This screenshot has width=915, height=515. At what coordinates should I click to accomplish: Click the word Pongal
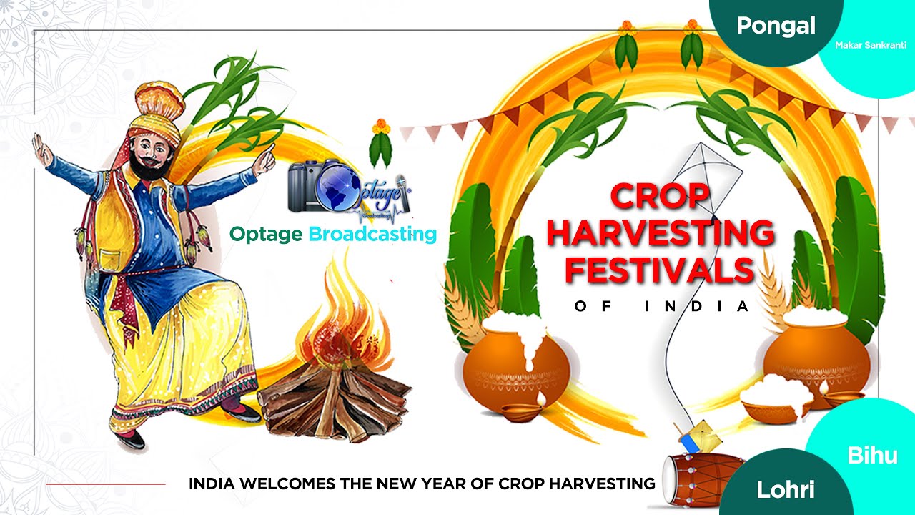(x=776, y=26)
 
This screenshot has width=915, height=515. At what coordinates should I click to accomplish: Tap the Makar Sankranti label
(x=870, y=45)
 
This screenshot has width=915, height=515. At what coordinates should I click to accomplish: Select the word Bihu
(x=872, y=456)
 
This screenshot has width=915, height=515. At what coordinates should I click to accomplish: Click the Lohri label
(x=786, y=489)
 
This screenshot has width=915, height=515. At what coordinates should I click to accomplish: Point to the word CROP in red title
(x=659, y=197)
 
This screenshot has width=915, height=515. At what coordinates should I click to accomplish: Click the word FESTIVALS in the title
(x=659, y=270)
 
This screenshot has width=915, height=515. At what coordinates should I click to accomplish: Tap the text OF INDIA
(x=661, y=307)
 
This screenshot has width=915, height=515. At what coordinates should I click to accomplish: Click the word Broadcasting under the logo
(x=372, y=234)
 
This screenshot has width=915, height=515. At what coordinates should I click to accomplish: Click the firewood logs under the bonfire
(x=337, y=400)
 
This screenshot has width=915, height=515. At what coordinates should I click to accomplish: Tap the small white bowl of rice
(x=776, y=401)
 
